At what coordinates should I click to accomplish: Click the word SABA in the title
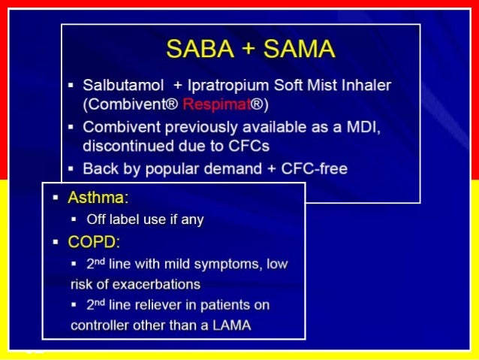197,49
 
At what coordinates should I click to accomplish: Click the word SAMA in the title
294,49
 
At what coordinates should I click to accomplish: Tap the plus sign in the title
246,50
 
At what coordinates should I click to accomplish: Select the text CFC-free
315,169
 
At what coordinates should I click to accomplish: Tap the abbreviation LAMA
233,325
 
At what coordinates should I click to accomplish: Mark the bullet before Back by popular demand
71,169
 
